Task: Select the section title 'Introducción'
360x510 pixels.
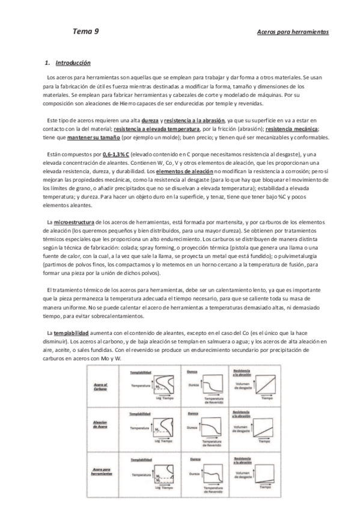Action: point(73,63)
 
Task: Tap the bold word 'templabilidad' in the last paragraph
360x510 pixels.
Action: point(72,333)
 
